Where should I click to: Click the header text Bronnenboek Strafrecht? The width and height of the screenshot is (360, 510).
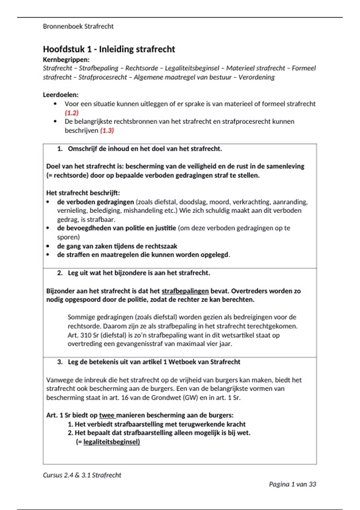pos(78,26)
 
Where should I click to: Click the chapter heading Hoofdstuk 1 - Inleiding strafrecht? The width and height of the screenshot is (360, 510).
pos(109,49)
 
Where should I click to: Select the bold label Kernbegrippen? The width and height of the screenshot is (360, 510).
pos(66,59)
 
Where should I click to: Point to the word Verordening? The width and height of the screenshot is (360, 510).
pos(256,77)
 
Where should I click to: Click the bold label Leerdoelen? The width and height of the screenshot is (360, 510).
pos(61,95)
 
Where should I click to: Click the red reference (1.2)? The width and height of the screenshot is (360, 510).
pos(71,113)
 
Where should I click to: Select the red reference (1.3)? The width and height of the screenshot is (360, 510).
pos(107,130)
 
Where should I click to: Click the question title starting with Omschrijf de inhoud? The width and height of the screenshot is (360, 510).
pos(145,149)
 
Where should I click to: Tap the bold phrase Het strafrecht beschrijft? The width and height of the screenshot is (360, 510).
pos(83,193)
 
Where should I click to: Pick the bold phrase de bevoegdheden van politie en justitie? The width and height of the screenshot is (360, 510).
pos(116,228)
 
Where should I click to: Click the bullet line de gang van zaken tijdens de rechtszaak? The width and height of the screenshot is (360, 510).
pos(117,246)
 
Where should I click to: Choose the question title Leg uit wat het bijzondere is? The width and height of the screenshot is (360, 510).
pos(139,273)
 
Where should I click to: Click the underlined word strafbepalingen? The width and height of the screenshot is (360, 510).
pos(185,291)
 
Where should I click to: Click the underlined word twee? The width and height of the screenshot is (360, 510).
pos(107,415)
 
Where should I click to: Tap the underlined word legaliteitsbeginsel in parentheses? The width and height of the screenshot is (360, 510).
pos(112,442)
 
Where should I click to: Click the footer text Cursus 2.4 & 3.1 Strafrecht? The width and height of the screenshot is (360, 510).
pos(82,475)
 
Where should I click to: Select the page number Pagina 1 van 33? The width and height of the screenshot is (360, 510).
pos(292,484)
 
